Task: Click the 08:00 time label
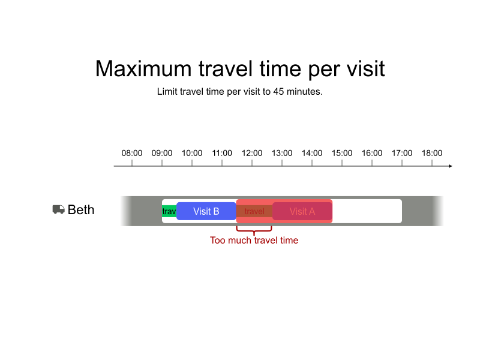click(132, 153)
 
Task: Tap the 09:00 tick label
click(162, 153)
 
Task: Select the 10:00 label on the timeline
click(192, 153)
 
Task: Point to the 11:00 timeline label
click(222, 153)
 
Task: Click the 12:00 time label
click(252, 153)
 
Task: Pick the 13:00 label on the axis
click(282, 153)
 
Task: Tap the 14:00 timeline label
click(312, 153)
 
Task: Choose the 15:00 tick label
click(342, 153)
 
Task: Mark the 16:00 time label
click(372, 153)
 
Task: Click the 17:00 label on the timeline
click(402, 153)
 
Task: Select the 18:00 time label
click(432, 153)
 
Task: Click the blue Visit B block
click(206, 211)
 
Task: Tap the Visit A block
click(302, 211)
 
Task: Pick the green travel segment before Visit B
click(169, 211)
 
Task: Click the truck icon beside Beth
click(58, 209)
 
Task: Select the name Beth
click(81, 210)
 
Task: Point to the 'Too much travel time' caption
click(254, 241)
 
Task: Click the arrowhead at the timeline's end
click(450, 166)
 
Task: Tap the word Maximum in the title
click(142, 69)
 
